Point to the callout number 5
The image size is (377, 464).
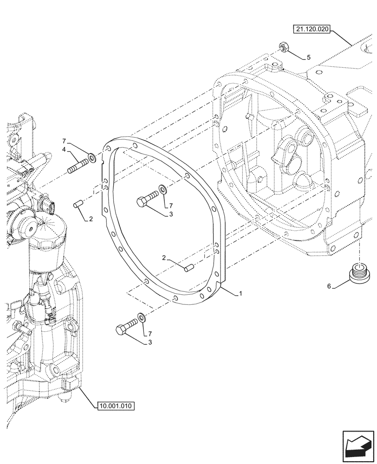click(308, 58)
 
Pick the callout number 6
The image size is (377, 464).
click(329, 287)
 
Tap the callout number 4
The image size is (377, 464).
click(65, 149)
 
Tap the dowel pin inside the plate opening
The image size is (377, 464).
click(188, 268)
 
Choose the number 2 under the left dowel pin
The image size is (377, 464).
click(91, 219)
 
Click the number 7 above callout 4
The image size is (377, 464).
click(65, 141)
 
